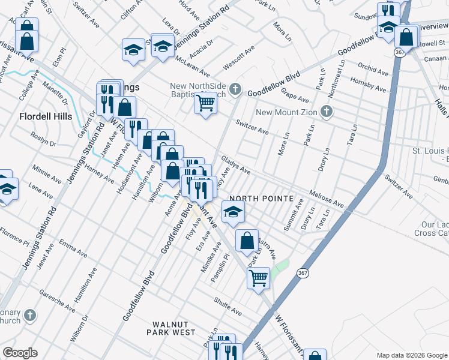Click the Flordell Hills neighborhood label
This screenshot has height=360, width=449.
pyautogui.click(x=46, y=116)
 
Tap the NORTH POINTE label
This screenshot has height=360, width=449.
pyautogui.click(x=261, y=199)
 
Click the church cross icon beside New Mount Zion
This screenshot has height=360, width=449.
pyautogui.click(x=327, y=112)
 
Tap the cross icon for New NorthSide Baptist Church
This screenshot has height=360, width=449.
pyautogui.click(x=236, y=90)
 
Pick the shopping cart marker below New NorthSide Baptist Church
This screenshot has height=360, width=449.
pyautogui.click(x=205, y=104)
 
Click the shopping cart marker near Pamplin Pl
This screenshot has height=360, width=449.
pyautogui.click(x=258, y=277)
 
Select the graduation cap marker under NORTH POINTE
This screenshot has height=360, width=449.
pyautogui.click(x=234, y=211)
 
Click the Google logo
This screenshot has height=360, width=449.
pyautogui.click(x=20, y=353)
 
